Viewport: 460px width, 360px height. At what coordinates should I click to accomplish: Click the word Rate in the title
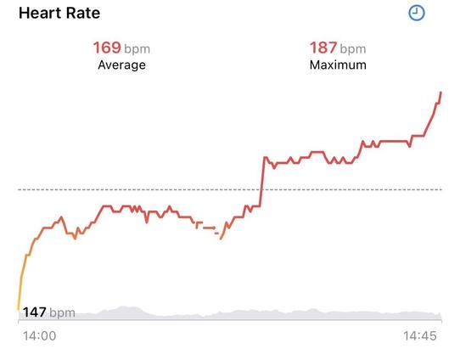83,14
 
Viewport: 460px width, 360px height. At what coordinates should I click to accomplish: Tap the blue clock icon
417,14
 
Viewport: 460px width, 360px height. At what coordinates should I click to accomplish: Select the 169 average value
107,48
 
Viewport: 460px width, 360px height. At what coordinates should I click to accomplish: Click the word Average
121,65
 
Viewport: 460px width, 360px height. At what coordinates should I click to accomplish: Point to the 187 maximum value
323,48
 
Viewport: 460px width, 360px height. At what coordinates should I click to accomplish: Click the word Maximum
338,65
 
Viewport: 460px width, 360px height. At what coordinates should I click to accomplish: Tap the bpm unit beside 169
137,49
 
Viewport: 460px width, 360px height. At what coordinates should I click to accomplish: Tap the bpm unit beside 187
353,49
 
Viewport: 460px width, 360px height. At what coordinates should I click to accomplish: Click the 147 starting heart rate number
34,312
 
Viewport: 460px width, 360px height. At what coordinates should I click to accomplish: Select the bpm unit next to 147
62,313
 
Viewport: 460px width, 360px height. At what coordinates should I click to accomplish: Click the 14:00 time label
40,336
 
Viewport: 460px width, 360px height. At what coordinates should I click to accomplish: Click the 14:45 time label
420,336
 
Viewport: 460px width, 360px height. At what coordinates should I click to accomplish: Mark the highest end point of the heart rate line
441,93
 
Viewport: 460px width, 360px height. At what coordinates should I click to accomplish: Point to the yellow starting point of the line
19,309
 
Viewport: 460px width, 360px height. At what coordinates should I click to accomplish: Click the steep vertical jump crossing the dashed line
262,182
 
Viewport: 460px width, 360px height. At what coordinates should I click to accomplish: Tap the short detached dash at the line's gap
216,233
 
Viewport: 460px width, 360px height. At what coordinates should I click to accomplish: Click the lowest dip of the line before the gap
75,239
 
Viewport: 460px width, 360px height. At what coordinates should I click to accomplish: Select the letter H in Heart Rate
24,14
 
